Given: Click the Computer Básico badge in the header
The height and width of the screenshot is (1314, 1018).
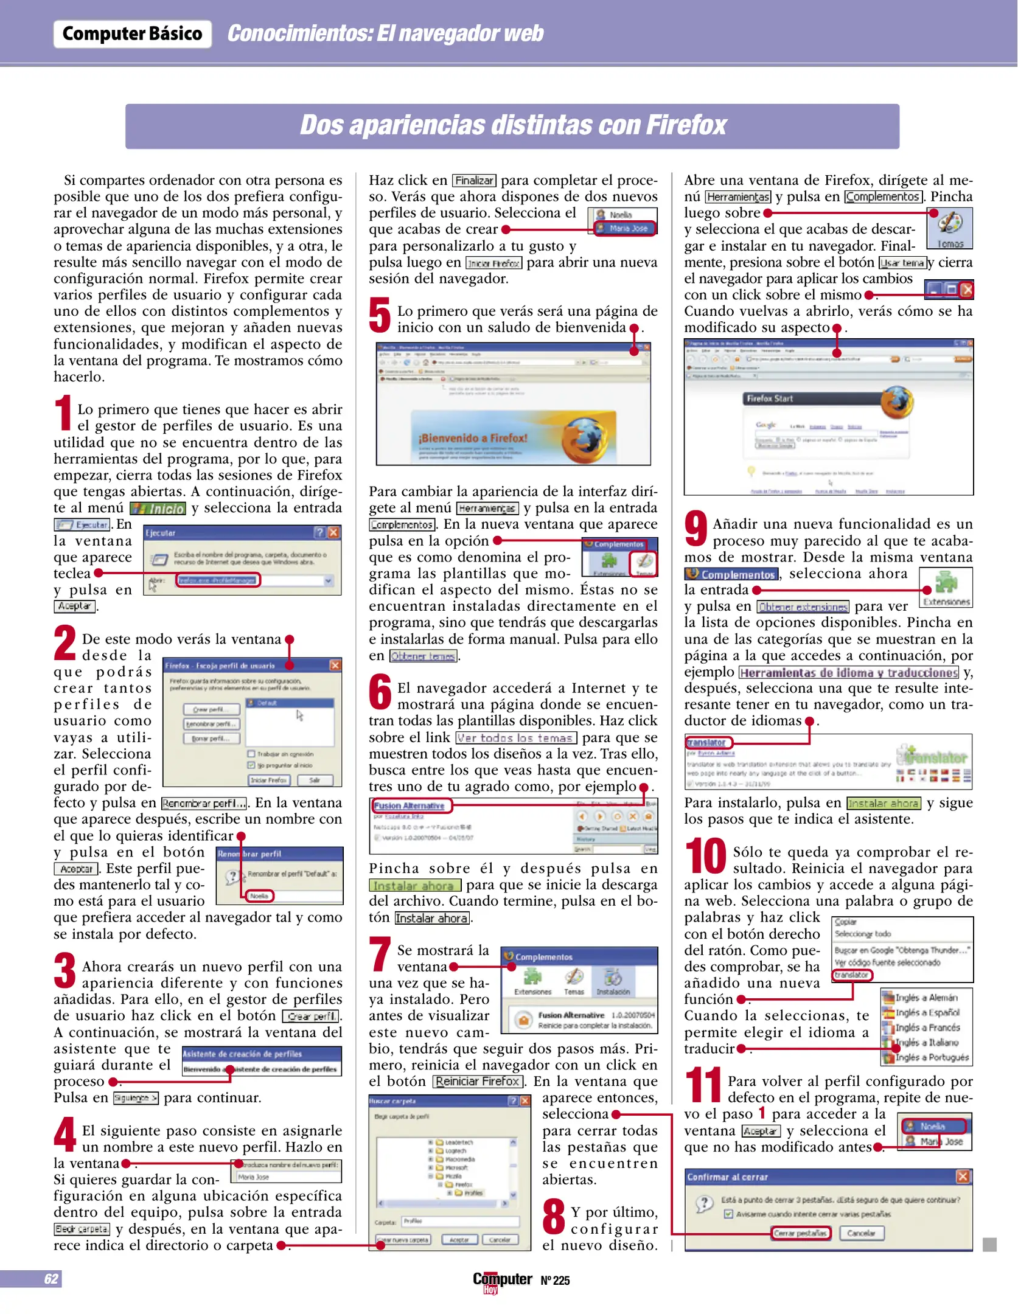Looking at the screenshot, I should coord(132,33).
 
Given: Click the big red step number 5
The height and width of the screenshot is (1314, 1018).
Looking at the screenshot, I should coord(380,315).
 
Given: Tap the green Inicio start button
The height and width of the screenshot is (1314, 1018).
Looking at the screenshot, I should coord(158,509).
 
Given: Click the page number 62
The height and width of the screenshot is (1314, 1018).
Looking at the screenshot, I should coord(51,1278).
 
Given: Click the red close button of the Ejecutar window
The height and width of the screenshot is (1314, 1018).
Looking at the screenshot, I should coord(333,532).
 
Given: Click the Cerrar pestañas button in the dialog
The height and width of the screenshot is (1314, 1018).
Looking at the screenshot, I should coord(800,1233).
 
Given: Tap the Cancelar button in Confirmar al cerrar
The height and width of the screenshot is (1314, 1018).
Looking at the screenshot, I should coord(861,1233).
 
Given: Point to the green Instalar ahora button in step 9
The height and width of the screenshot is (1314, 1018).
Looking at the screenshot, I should coord(884,803).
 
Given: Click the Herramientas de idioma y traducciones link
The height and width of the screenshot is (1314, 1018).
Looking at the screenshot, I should coord(849,672).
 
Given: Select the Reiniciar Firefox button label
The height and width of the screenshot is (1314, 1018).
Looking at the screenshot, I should coord(478,1081).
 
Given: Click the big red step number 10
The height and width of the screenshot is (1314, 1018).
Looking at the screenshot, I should coord(705,856).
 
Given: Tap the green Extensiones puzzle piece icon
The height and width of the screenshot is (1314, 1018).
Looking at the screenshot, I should coord(946,583).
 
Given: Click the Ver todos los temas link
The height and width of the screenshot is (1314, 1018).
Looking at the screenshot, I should coord(515,738).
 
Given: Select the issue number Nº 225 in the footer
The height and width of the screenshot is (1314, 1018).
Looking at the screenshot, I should coord(555,1281).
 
